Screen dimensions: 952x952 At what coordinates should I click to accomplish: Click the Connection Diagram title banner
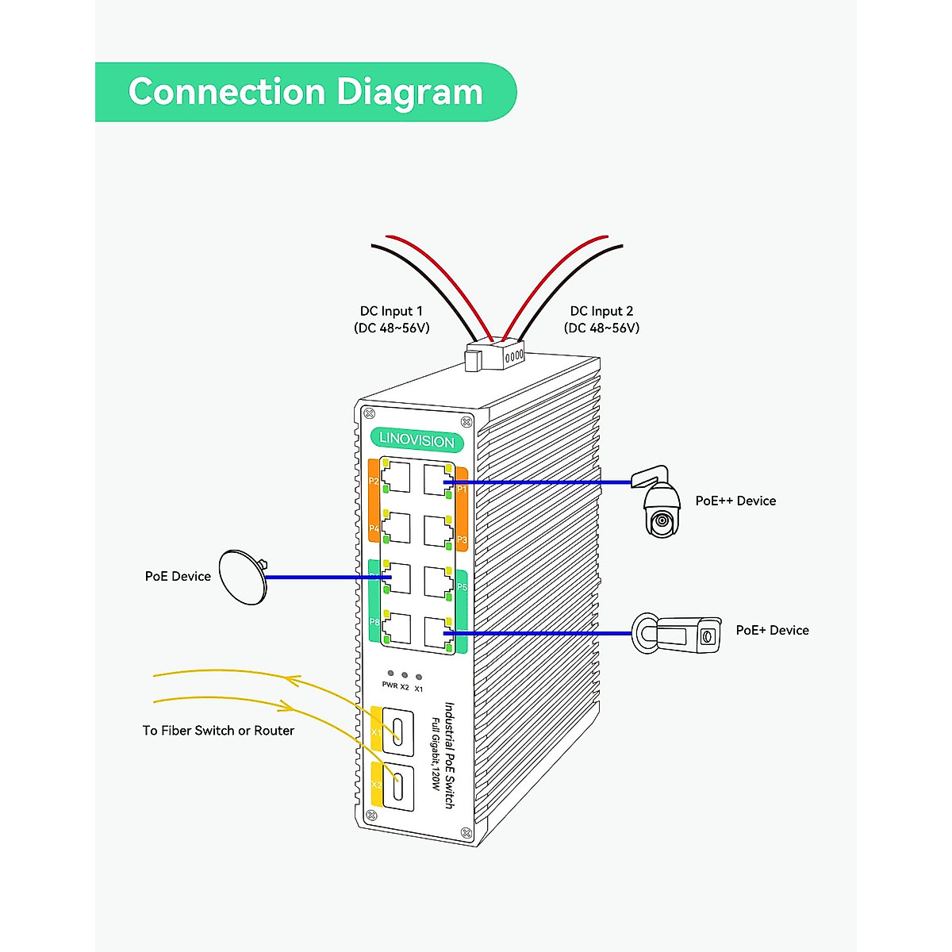click(305, 92)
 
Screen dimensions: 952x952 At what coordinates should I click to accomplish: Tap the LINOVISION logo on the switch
click(416, 440)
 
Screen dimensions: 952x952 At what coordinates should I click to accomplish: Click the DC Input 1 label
click(391, 311)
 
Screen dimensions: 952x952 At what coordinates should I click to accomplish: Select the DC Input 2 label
click(601, 311)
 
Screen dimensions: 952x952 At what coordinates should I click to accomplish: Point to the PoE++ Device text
click(735, 501)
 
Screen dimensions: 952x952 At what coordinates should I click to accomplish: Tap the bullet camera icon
click(678, 635)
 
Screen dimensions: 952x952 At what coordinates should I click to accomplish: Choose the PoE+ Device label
click(772, 630)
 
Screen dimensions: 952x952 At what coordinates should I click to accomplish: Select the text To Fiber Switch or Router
click(218, 731)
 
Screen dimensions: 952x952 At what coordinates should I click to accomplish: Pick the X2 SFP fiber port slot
click(399, 786)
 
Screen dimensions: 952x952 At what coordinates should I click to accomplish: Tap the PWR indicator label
click(390, 685)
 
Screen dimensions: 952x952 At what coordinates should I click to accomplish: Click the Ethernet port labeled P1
click(438, 480)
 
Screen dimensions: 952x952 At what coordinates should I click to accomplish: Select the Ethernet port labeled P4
click(396, 528)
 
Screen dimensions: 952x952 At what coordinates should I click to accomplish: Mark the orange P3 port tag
click(462, 539)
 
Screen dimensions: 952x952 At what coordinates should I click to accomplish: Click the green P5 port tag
click(462, 587)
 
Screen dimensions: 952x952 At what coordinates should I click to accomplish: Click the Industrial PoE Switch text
click(449, 754)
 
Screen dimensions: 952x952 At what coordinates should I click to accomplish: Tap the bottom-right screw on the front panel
click(466, 832)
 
